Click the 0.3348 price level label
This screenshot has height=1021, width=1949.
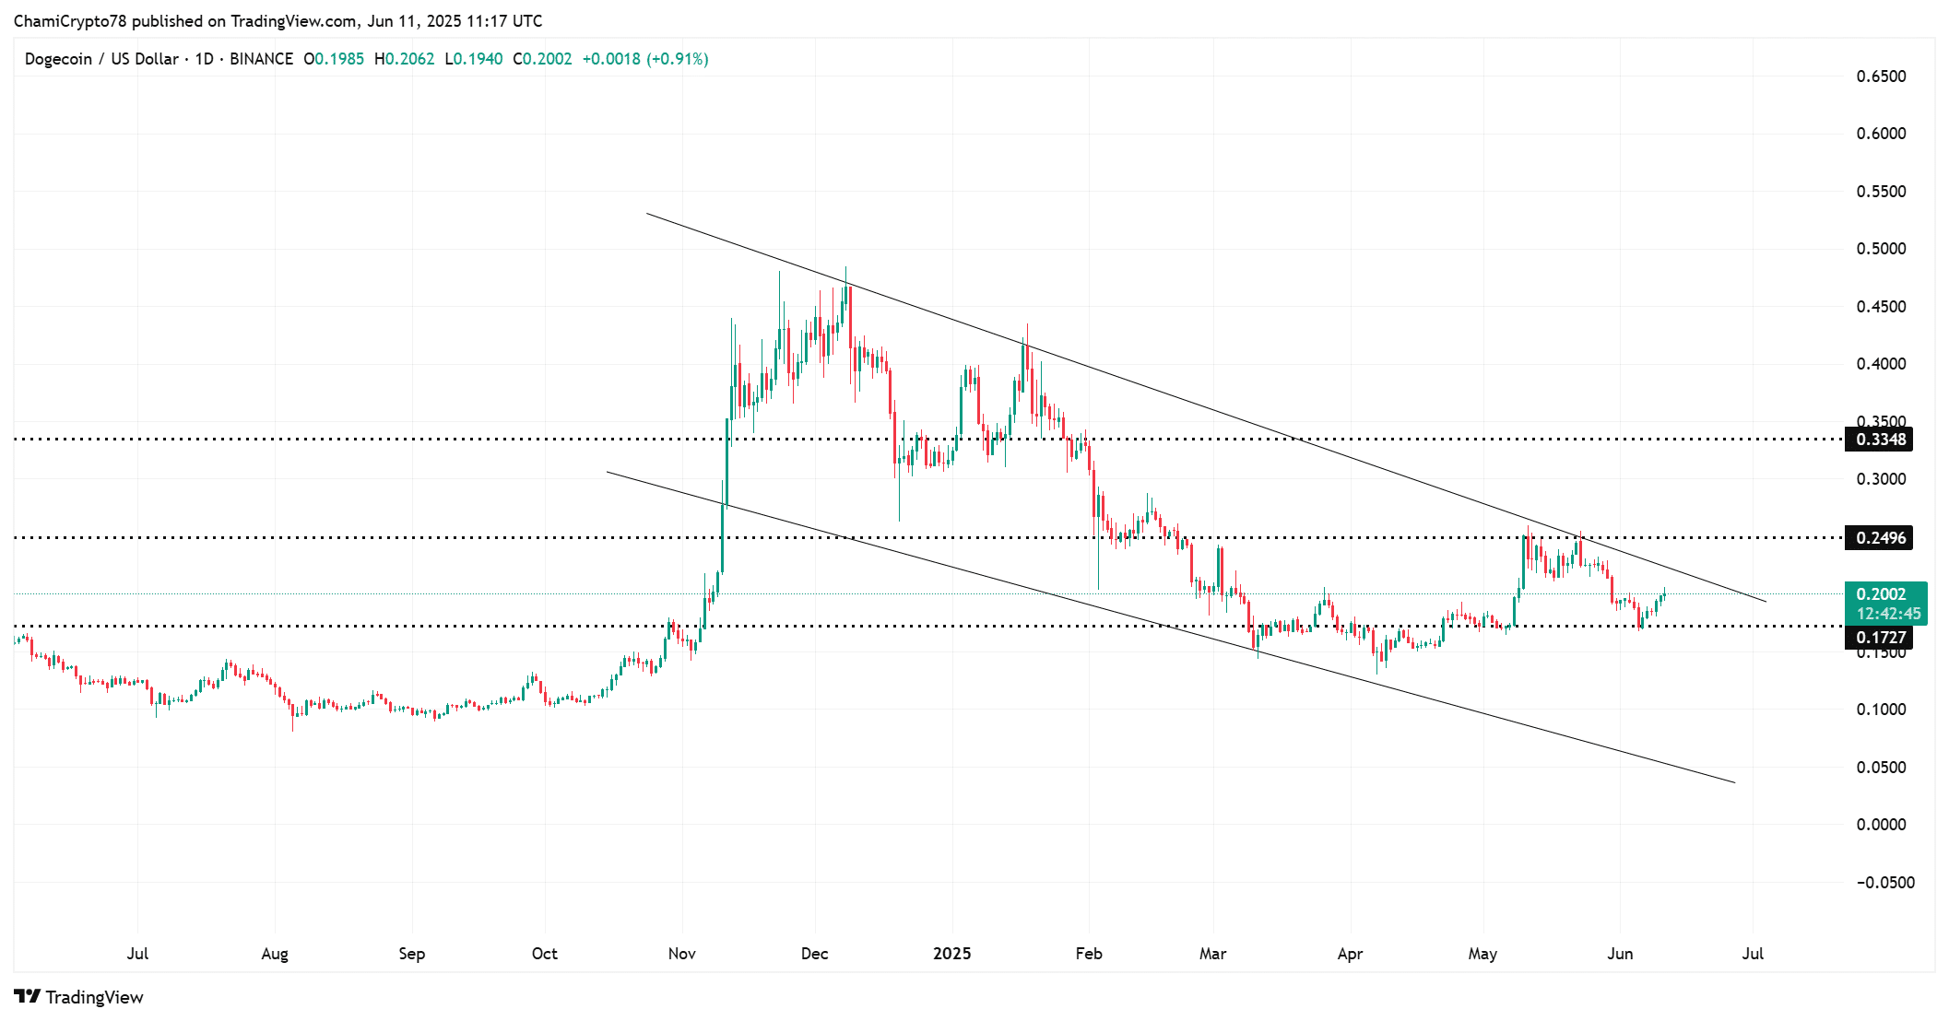coord(1880,440)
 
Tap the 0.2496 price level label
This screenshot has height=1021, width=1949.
coord(1880,538)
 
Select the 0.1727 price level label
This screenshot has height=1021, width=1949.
coord(1880,638)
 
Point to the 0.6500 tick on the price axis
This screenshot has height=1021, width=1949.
coord(1881,76)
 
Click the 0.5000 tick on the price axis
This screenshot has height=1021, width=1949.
coord(1881,249)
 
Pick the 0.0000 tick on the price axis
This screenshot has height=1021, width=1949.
coord(1881,825)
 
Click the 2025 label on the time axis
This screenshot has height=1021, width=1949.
coord(951,954)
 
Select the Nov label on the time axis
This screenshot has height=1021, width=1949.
coord(681,954)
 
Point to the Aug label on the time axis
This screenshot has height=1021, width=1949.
coord(275,954)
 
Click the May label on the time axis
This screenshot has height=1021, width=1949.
coord(1482,954)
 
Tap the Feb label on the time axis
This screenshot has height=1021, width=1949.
coord(1089,954)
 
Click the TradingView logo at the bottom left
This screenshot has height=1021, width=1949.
coord(79,997)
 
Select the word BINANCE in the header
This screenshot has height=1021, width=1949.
coord(261,59)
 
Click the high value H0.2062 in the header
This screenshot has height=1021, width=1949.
coord(404,59)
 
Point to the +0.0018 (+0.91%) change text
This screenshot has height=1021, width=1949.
coord(645,59)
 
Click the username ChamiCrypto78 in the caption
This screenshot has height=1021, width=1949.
coord(70,21)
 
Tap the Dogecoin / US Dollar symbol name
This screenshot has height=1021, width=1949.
coord(101,59)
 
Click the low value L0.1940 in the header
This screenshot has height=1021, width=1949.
coord(474,59)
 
